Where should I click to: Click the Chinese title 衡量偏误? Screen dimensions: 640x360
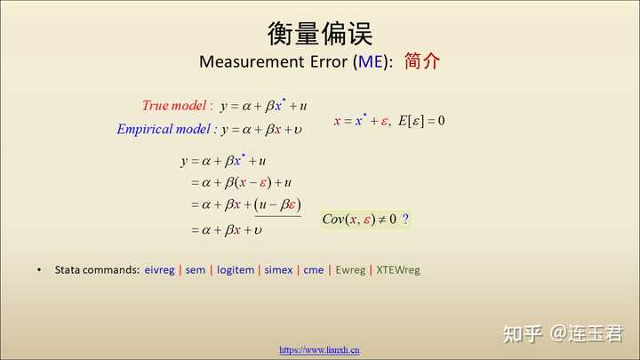pyautogui.click(x=320, y=34)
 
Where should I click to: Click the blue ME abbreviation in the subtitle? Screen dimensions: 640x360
pyautogui.click(x=371, y=61)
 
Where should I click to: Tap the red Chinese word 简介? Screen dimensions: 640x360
pyautogui.click(x=422, y=61)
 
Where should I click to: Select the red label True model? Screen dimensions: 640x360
pyautogui.click(x=174, y=106)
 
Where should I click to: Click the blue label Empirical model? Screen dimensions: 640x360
pyautogui.click(x=164, y=129)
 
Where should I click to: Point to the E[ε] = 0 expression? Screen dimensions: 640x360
pyautogui.click(x=421, y=121)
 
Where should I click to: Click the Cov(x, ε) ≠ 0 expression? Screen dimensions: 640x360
pyautogui.click(x=359, y=220)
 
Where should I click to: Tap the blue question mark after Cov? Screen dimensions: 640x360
pyautogui.click(x=405, y=219)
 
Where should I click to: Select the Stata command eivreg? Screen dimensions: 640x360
pyautogui.click(x=159, y=270)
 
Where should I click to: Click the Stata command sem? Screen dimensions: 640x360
pyautogui.click(x=195, y=270)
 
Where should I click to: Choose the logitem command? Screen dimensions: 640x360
pyautogui.click(x=236, y=270)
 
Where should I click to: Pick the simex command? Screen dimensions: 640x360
pyautogui.click(x=278, y=270)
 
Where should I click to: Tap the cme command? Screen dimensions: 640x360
pyautogui.click(x=314, y=270)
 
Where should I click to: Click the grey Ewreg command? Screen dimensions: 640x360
pyautogui.click(x=350, y=270)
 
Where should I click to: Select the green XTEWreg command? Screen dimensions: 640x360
pyautogui.click(x=398, y=270)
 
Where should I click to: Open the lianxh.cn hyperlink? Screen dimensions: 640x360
pyautogui.click(x=320, y=350)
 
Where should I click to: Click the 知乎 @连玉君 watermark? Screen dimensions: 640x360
pyautogui.click(x=563, y=333)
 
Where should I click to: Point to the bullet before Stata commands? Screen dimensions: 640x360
pyautogui.click(x=39, y=270)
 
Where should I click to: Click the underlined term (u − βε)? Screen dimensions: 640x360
pyautogui.click(x=278, y=204)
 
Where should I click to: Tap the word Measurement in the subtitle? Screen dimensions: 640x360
pyautogui.click(x=252, y=61)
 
